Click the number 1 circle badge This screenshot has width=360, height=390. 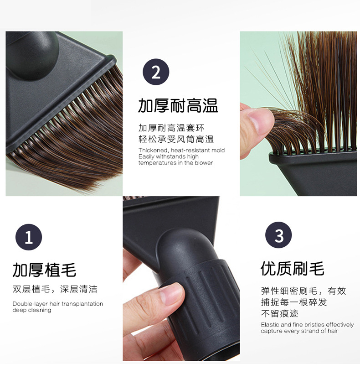29,237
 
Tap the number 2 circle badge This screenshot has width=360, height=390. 156,72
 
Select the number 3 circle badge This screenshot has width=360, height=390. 278,235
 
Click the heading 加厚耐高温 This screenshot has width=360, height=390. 178,106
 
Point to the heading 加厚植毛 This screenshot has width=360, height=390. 44,270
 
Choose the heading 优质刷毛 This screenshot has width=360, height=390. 293,269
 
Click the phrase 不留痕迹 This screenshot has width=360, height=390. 280,313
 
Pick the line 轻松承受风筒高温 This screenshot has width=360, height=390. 176,139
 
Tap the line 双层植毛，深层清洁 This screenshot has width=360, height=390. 55,289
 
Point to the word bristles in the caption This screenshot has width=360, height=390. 314,325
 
